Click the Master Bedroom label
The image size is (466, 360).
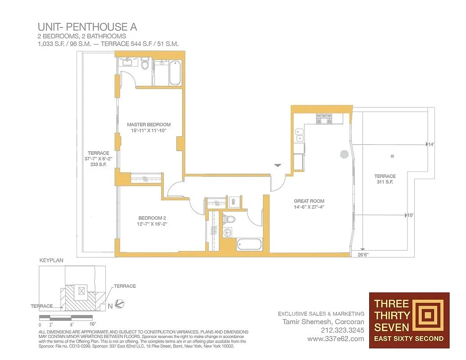pyautogui.click(x=149, y=127)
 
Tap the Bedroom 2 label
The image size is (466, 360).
pyautogui.click(x=152, y=220)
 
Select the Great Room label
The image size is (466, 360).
pyautogui.click(x=309, y=204)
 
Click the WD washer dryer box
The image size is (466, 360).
pyautogui.click(x=233, y=202)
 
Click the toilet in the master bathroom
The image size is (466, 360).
pyautogui.click(x=145, y=66)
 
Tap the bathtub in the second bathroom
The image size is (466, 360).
pyautogui.click(x=249, y=244)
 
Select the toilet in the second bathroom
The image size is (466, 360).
pyautogui.click(x=230, y=220)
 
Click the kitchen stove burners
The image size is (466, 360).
pyautogui.click(x=324, y=119)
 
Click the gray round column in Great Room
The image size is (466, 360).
pyautogui.click(x=344, y=154)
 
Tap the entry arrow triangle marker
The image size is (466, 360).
pyautogui.click(x=278, y=166)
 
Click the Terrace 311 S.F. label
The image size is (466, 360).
pyautogui.click(x=385, y=179)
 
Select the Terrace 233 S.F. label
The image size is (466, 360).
pyautogui.click(x=98, y=159)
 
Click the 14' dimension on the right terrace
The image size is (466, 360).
pyautogui.click(x=430, y=144)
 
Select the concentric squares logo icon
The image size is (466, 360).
pyautogui.click(x=425, y=314)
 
